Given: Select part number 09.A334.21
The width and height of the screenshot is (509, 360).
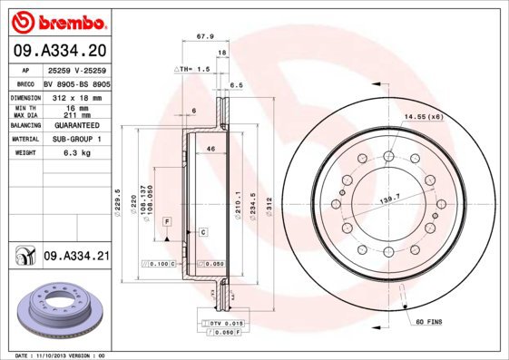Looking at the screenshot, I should (76, 257).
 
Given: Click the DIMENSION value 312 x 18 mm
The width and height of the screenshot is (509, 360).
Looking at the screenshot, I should (76, 95).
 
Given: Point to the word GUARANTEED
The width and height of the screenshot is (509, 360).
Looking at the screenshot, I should (76, 125).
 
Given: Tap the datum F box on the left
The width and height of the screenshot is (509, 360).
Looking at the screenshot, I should (167, 221).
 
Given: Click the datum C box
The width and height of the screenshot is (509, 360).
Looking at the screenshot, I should (203, 233).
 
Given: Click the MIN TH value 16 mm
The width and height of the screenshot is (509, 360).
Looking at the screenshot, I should (76, 106).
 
